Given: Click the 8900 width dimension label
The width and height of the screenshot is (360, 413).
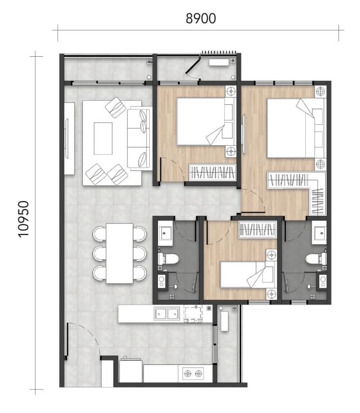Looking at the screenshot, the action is point(201,18).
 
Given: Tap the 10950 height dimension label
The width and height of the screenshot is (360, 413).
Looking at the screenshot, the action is point(24,219).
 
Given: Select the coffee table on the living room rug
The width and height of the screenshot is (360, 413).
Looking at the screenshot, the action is point(103,138).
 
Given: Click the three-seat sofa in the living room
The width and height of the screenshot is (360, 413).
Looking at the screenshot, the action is point(140,138).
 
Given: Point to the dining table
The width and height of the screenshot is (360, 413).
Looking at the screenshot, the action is point(120,253).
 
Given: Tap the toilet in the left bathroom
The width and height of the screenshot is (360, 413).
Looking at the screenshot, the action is point(168,259).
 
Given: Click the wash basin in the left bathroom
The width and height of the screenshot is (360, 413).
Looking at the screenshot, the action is point(165,233).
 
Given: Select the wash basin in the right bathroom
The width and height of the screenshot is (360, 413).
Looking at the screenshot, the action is point(319,233).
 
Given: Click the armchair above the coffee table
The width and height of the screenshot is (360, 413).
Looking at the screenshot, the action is point(116,107).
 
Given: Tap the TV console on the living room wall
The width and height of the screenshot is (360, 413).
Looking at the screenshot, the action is point(69,138).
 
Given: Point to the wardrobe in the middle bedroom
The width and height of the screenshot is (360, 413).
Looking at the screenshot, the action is point(212,172).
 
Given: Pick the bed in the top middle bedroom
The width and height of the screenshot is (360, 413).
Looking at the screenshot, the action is point(205,121).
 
